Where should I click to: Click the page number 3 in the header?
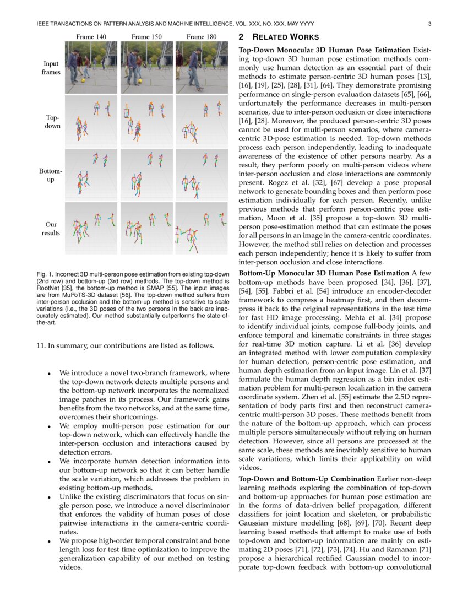tap(429, 24)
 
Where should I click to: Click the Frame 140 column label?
tap(91, 37)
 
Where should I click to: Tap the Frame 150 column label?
tap(146, 37)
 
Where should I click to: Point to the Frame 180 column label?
tap(202, 37)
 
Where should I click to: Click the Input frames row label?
tap(51, 68)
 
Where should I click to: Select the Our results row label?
tap(51, 229)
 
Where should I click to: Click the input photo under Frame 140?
tap(91, 67)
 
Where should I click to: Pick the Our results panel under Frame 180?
tap(202, 229)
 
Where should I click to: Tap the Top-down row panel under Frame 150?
tap(146, 121)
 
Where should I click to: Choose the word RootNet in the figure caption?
tap(47, 288)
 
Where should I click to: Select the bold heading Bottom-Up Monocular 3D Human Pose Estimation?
tap(324, 274)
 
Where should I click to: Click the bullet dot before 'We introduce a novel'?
tap(50, 373)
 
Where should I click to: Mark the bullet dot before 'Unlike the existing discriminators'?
tap(50, 498)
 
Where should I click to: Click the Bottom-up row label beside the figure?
tap(51, 175)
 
